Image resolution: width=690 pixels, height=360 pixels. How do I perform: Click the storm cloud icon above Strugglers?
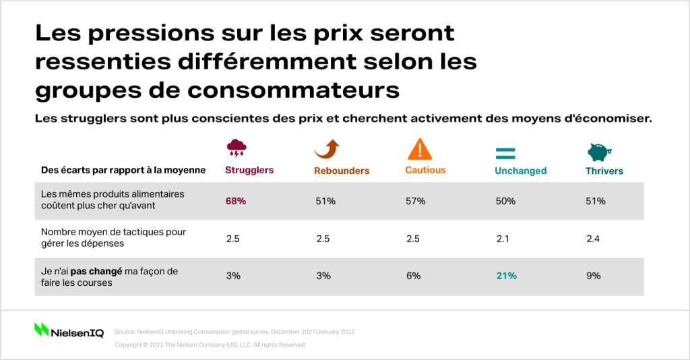point(237,148)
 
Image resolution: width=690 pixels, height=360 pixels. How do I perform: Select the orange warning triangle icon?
point(420,149)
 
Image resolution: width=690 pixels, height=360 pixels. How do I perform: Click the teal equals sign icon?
point(505,154)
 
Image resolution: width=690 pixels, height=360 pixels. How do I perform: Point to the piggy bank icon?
point(599,152)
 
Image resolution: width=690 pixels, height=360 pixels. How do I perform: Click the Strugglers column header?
point(249,171)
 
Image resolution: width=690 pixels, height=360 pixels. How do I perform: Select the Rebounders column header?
point(342,171)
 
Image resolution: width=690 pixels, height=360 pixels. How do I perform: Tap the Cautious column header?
point(426,171)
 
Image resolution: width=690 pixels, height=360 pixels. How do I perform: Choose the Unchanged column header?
point(521,171)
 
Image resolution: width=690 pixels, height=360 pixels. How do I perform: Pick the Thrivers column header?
point(604,171)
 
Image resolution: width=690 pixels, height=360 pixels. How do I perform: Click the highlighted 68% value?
point(236,201)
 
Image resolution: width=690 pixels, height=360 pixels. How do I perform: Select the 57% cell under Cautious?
point(415,201)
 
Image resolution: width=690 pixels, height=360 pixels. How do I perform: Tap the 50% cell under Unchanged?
point(505,201)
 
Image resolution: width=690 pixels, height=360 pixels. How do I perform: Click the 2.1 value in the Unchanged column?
point(503,239)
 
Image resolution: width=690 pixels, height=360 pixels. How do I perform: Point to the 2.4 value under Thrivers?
point(593,239)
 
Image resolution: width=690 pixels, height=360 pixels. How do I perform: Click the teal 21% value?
point(507,276)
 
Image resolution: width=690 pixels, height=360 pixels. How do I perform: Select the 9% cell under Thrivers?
point(593,276)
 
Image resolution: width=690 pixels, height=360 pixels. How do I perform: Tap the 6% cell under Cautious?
point(413,276)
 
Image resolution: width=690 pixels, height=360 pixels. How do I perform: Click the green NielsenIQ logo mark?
point(41,330)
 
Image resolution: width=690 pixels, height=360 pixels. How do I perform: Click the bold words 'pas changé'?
point(96,272)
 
